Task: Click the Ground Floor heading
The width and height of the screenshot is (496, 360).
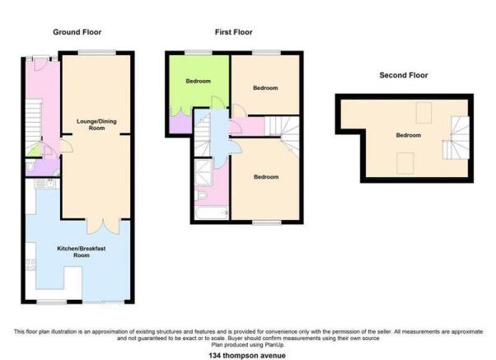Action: (x=77, y=32)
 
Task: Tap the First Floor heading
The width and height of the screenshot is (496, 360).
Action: (x=234, y=32)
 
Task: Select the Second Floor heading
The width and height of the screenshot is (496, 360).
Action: (x=404, y=75)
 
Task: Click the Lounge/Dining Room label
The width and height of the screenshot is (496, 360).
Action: (x=96, y=124)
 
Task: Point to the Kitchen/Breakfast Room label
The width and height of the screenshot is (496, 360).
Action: (x=82, y=252)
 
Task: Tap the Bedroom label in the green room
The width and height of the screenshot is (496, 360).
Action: (x=198, y=81)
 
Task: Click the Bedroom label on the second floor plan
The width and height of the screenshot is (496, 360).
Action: (x=409, y=135)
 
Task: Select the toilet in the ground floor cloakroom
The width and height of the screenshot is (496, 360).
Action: (x=30, y=166)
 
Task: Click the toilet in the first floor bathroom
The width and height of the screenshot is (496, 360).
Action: (x=200, y=195)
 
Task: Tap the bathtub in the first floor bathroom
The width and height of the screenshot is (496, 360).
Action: (x=211, y=213)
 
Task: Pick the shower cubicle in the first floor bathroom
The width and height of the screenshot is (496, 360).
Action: (x=204, y=172)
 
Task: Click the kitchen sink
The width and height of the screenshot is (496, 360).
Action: (x=48, y=184)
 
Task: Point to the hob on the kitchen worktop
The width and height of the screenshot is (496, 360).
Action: (x=30, y=265)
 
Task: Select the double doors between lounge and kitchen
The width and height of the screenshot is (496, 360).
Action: (x=104, y=226)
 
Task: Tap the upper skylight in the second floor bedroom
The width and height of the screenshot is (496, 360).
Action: (x=423, y=113)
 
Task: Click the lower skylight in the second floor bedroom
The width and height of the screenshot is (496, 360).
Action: (x=405, y=163)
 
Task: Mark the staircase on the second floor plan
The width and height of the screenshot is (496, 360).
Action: (x=456, y=138)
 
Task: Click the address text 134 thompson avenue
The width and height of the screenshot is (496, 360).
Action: (x=247, y=356)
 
